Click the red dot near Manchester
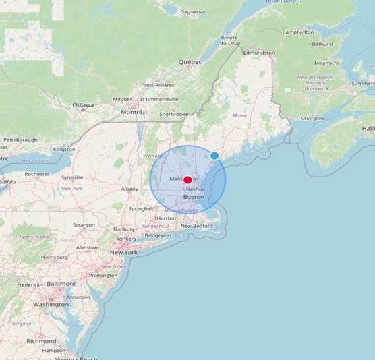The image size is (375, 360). pyautogui.click(x=187, y=180)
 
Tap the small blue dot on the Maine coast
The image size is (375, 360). pyautogui.click(x=214, y=156)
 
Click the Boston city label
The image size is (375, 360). pyautogui.click(x=194, y=197)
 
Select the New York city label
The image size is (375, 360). pyautogui.click(x=123, y=252)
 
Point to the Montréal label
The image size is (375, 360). pyautogui.click(x=134, y=112)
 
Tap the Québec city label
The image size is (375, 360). pyautogui.click(x=190, y=62)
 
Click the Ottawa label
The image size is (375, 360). pyautogui.click(x=84, y=105)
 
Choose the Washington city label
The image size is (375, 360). pyautogui.click(x=51, y=304)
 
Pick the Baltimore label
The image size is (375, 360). pyautogui.click(x=61, y=284)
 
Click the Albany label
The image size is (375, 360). pyautogui.click(x=129, y=189)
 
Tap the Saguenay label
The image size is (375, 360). pyautogui.click(x=194, y=12)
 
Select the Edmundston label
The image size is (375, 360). pyautogui.click(x=259, y=53)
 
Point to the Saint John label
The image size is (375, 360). pyautogui.click(x=312, y=119)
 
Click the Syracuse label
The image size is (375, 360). pyautogui.click(x=72, y=177)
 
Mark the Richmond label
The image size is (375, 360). pyautogui.click(x=41, y=341)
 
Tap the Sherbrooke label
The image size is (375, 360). pyautogui.click(x=173, y=115)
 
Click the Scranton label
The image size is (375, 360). pyautogui.click(x=84, y=224)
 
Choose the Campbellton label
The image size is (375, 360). pyautogui.click(x=298, y=32)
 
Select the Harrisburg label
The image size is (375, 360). pyautogui.click(x=55, y=257)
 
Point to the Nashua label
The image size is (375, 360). pyautogui.click(x=195, y=189)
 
